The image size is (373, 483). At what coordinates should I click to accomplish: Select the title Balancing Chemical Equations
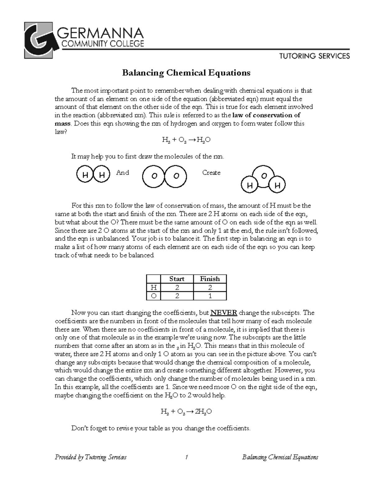186,73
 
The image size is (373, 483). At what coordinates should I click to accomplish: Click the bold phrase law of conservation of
267,115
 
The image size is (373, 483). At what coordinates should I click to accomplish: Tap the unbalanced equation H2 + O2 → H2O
186,140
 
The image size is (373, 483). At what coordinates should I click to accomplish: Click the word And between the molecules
122,173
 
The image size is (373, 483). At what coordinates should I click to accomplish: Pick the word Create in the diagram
211,173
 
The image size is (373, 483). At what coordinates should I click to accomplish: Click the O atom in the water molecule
264,176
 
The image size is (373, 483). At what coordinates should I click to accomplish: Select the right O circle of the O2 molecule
176,176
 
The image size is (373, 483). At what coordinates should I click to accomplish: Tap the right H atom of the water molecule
277,186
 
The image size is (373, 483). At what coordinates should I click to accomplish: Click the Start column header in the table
177,279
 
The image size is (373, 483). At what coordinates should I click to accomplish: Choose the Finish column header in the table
210,279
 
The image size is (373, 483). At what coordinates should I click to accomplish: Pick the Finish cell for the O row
210,296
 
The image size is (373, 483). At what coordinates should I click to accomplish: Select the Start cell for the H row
177,287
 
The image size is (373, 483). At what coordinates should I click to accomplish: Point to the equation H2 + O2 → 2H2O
186,411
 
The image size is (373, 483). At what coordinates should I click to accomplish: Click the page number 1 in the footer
186,457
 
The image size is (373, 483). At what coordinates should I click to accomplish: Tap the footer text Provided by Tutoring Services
90,457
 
